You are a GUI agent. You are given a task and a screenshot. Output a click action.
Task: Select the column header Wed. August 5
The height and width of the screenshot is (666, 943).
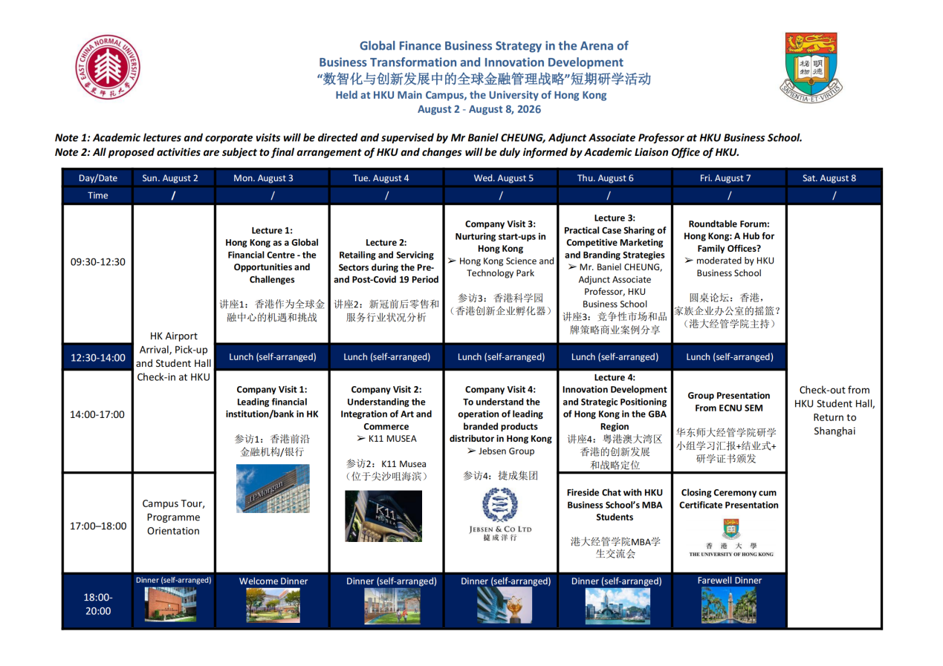tap(503, 178)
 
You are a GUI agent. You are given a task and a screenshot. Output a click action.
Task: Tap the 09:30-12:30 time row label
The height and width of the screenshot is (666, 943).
tap(98, 261)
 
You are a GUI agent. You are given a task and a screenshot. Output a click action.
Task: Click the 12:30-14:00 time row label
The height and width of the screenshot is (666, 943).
tap(98, 358)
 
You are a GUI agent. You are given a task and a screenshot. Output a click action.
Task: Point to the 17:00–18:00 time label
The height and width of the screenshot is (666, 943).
tap(98, 526)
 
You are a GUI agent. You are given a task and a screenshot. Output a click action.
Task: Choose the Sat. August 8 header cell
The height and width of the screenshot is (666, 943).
tap(834, 178)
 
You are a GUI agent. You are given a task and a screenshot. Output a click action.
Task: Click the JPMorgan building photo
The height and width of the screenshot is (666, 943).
tap(273, 488)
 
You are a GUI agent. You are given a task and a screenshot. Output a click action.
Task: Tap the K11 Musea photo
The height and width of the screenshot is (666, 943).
tap(386, 516)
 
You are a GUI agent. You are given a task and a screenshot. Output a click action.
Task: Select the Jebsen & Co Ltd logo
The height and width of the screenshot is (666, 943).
tap(500, 516)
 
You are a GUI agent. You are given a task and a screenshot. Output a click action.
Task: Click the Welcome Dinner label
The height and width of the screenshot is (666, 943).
tap(273, 581)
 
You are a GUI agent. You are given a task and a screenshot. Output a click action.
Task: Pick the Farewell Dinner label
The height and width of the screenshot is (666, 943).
tap(729, 581)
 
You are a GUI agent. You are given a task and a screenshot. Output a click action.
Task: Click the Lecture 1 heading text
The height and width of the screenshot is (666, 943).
tap(272, 230)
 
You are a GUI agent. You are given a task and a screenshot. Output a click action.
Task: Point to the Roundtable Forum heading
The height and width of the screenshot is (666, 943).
tap(729, 223)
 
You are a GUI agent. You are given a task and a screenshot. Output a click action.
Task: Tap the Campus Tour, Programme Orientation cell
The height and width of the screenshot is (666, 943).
tap(173, 517)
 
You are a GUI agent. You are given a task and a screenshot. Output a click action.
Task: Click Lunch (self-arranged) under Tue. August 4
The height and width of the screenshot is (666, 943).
tap(386, 357)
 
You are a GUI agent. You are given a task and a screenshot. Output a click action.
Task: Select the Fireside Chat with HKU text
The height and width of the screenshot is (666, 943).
tap(615, 492)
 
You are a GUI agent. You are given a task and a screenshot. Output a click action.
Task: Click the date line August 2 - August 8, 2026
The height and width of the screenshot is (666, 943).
tap(479, 110)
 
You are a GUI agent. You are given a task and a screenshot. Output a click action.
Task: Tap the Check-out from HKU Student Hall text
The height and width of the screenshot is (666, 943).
tap(834, 396)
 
